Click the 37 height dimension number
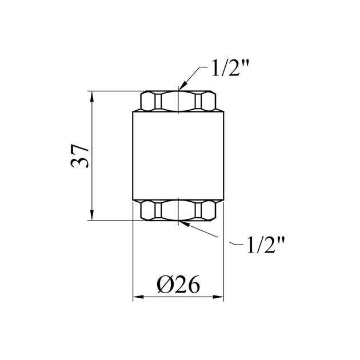tap(80, 156)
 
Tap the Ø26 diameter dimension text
tap(178, 284)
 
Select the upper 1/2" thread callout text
tap(230, 67)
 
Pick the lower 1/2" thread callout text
tap(266, 245)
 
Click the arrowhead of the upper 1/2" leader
tap(182, 86)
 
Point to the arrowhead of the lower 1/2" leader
tap(185, 223)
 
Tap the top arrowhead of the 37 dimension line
tap(92, 97)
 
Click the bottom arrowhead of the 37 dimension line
tap(92, 215)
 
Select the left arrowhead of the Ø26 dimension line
tap(138, 297)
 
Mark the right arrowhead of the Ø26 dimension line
tap(218, 297)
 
